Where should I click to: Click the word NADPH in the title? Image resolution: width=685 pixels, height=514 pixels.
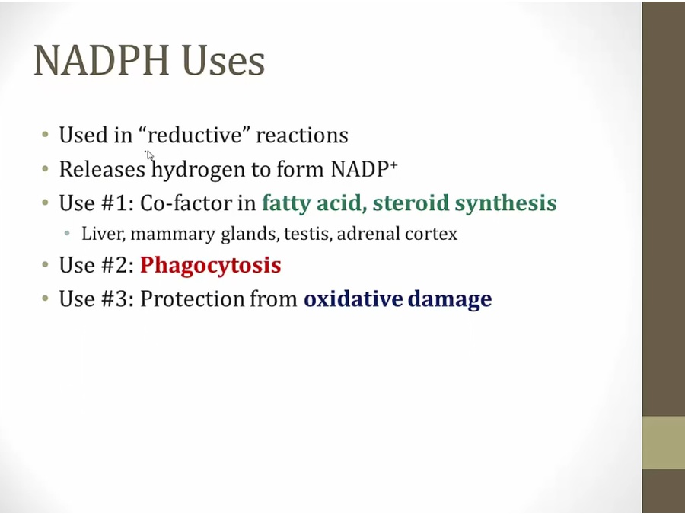coord(101,60)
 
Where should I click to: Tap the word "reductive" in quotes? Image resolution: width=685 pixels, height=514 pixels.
coord(194,135)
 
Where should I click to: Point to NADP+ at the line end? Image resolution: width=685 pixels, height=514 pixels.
coord(364,169)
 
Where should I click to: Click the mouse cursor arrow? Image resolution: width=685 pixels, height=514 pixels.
coord(150,155)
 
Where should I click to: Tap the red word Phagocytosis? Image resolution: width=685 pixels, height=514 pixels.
coord(211,265)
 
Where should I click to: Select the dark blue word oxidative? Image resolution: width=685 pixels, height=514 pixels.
coord(353,299)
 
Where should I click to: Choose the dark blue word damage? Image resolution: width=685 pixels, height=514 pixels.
coord(450,300)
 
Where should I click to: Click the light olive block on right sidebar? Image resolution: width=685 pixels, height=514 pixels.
coord(663,442)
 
